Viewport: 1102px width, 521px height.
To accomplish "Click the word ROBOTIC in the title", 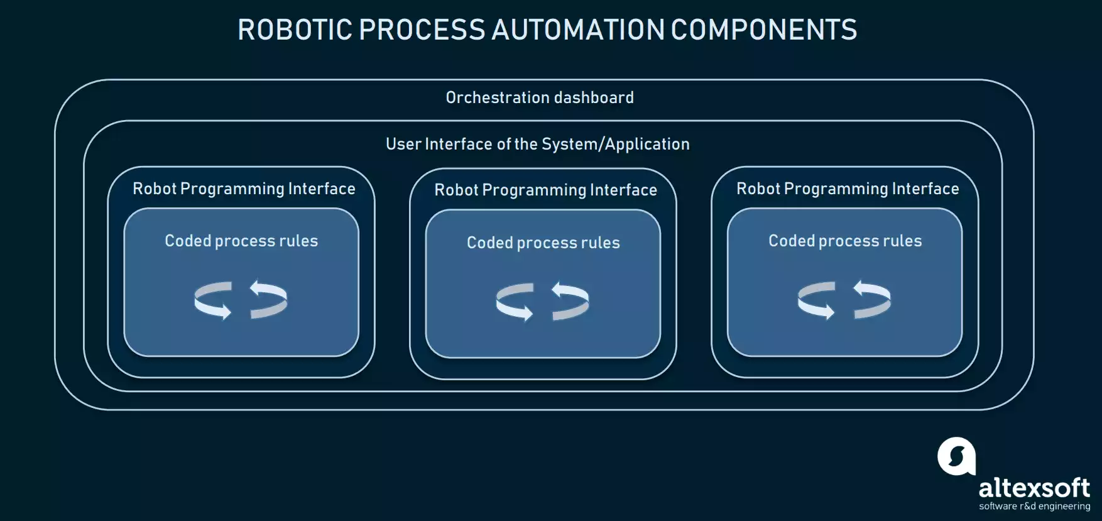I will [295, 30].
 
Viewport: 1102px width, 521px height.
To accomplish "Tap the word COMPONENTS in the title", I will [764, 30].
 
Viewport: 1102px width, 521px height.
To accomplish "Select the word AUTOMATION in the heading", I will [577, 30].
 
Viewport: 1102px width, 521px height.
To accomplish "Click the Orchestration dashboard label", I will [540, 97].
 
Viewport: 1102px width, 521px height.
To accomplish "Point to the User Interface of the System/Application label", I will [537, 144].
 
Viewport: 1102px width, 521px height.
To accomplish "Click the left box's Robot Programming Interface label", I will [244, 189].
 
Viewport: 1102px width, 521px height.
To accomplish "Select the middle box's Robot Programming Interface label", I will [545, 190].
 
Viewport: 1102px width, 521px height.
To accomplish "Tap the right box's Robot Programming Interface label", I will [848, 189].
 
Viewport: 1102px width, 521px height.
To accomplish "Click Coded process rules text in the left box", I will [241, 241].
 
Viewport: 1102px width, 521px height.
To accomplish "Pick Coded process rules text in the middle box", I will [543, 243].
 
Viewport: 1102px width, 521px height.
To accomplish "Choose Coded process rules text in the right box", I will [845, 241].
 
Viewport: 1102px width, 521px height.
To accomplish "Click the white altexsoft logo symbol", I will [956, 456].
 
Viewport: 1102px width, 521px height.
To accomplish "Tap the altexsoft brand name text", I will [1034, 488].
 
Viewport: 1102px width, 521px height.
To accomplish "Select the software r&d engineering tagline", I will [1034, 507].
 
